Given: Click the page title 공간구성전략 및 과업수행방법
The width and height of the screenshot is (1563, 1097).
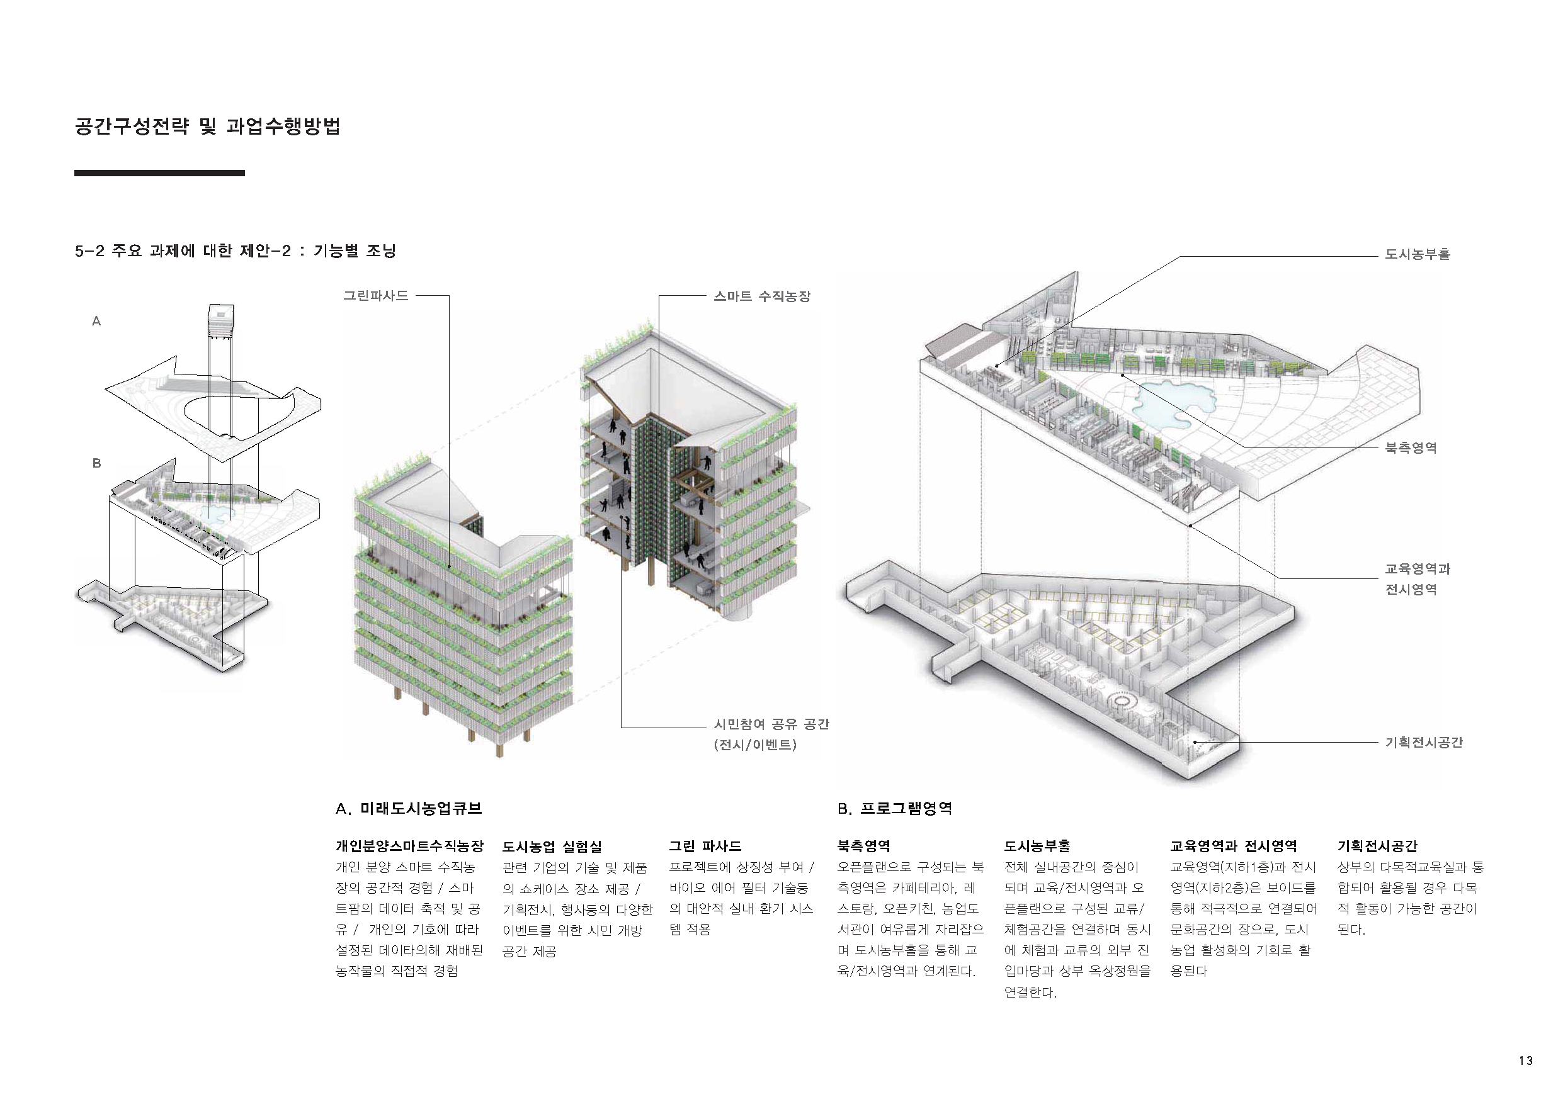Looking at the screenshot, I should pos(207,127).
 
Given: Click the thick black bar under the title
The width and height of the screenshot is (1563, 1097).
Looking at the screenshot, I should pos(159,174).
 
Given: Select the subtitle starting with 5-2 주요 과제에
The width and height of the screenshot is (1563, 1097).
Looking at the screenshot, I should pos(235,251).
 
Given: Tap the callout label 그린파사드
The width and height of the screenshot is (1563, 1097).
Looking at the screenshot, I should pos(376,295).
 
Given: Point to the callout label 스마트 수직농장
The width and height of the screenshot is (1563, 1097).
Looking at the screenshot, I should pos(762,296).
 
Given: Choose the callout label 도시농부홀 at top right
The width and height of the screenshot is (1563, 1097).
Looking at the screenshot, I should pos(1418,254).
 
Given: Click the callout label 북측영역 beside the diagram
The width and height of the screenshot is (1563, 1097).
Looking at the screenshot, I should pos(1411,447).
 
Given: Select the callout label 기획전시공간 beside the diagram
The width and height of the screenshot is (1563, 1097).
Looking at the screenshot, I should pos(1423,743).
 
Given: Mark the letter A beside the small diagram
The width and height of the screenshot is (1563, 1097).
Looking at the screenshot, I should pos(97,321).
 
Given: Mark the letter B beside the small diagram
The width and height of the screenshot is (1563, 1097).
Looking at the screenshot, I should pos(97,463).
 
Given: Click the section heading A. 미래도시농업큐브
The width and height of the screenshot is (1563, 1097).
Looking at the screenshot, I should pos(409,809).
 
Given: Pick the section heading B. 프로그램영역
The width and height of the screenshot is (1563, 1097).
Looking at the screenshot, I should pos(894,809).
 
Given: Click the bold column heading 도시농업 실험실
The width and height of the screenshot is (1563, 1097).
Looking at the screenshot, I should pos(552,847).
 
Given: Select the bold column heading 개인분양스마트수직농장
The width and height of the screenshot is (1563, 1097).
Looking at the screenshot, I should pos(409,847).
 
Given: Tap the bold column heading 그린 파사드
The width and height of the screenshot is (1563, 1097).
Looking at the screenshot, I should pos(705,847).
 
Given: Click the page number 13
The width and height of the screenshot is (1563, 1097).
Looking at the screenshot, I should pos(1526,1061).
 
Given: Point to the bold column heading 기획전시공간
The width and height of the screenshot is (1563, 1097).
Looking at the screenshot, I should pos(1377,847).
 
